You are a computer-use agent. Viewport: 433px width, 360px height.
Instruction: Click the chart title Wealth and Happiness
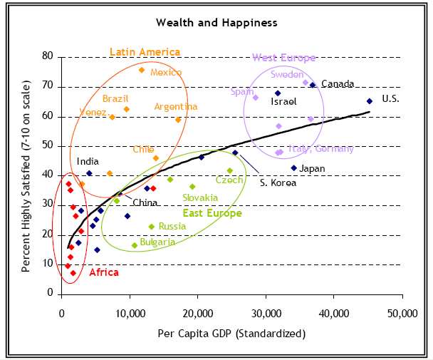216,23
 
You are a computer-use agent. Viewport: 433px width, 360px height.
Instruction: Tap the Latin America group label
145,52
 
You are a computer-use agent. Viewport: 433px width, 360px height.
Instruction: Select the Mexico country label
166,73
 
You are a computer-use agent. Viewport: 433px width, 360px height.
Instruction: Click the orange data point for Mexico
142,70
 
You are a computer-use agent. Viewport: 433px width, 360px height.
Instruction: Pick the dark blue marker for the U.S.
369,101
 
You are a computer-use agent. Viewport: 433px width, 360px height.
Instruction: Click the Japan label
312,169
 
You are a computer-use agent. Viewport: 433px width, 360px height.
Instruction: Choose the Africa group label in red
84,272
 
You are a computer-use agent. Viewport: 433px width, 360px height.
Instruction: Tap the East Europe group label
212,213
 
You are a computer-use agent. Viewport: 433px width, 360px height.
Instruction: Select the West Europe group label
283,58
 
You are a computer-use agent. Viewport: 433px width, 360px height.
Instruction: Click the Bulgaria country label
157,242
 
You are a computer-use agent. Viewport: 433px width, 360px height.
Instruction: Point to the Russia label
172,226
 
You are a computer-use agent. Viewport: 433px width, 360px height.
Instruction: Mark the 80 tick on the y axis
48,56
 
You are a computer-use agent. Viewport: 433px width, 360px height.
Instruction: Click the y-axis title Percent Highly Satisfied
26,175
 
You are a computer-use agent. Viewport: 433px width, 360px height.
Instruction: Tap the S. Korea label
277,182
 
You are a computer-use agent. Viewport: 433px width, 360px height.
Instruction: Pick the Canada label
338,84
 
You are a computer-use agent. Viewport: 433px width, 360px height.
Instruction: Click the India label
88,162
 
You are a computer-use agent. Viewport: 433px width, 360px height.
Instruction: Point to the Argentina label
176,107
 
